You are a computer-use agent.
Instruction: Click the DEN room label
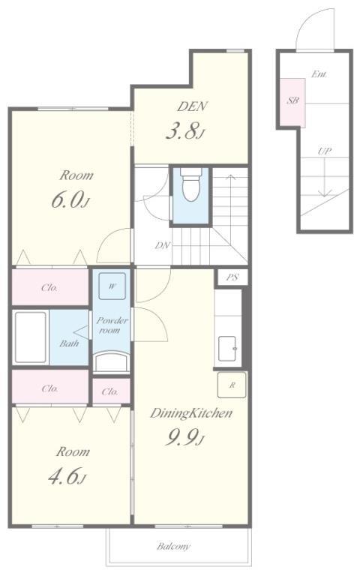coord(192,106)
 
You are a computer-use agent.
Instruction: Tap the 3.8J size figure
coord(184,131)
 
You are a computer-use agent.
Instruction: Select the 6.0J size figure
coord(70,200)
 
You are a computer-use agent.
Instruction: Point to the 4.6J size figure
coord(67,476)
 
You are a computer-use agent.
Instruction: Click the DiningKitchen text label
coord(191,413)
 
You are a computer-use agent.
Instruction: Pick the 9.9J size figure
coord(184,436)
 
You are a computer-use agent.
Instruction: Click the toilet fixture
coord(191,184)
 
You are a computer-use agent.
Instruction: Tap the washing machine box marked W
coord(112,286)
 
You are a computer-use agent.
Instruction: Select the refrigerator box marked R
coord(232,385)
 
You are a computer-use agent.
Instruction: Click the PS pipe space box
coord(232,277)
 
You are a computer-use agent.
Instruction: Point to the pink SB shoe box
coord(292,102)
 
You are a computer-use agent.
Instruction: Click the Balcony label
coord(173,547)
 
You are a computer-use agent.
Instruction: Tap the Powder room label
coord(112,325)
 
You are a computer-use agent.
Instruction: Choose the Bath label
coord(69,343)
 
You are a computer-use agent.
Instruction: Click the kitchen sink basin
coord(228,348)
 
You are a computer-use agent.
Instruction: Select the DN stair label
coord(162,245)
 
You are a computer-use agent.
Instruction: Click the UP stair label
coord(324,151)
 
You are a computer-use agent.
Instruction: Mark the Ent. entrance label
coord(319,74)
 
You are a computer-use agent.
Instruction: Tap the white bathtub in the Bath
coord(31,337)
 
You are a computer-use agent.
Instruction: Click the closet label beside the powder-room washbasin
coord(109,391)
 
